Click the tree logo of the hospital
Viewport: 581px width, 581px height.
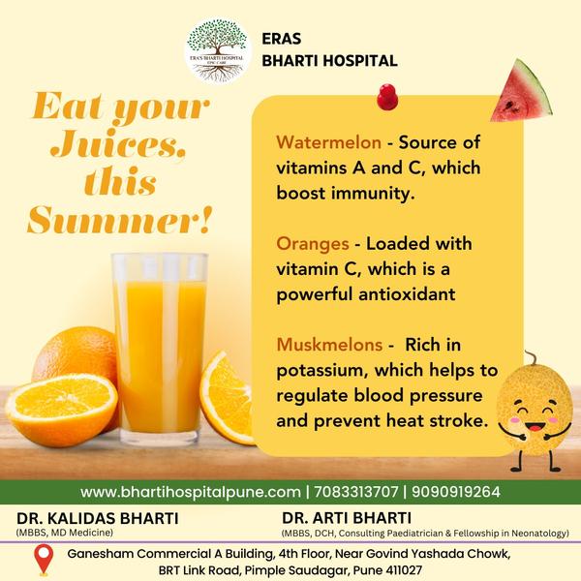(x=217, y=49)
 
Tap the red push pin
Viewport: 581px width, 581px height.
(x=387, y=97)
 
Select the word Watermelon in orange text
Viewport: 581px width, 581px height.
(x=328, y=142)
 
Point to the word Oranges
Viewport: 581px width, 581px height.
(x=313, y=244)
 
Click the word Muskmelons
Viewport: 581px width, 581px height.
(x=329, y=345)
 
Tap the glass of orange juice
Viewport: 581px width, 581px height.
(x=160, y=349)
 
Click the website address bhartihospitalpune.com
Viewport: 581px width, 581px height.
(x=191, y=492)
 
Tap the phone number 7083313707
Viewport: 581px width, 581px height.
(x=356, y=492)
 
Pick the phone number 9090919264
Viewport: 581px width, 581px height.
(x=456, y=492)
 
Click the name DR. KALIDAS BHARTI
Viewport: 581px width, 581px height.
(x=98, y=518)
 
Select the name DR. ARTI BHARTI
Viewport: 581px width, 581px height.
(x=347, y=518)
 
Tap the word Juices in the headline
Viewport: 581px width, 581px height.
(x=118, y=143)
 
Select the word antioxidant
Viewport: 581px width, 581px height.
(x=407, y=294)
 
